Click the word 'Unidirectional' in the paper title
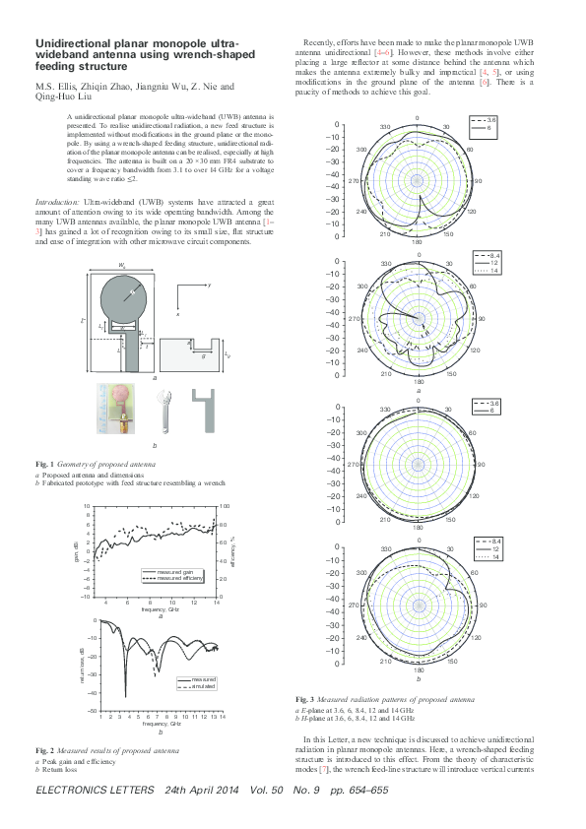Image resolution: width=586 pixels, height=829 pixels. pyautogui.click(x=72, y=44)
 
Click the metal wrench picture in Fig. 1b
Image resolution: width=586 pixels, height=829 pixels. pyautogui.click(x=163, y=409)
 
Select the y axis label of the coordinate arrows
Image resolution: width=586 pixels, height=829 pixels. pyautogui.click(x=209, y=285)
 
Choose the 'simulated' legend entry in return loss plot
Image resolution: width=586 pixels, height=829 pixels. pyautogui.click(x=203, y=686)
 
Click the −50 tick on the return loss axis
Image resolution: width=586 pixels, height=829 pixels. pyautogui.click(x=90, y=710)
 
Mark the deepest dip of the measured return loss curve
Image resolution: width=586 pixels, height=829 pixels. pyautogui.click(x=125, y=696)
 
